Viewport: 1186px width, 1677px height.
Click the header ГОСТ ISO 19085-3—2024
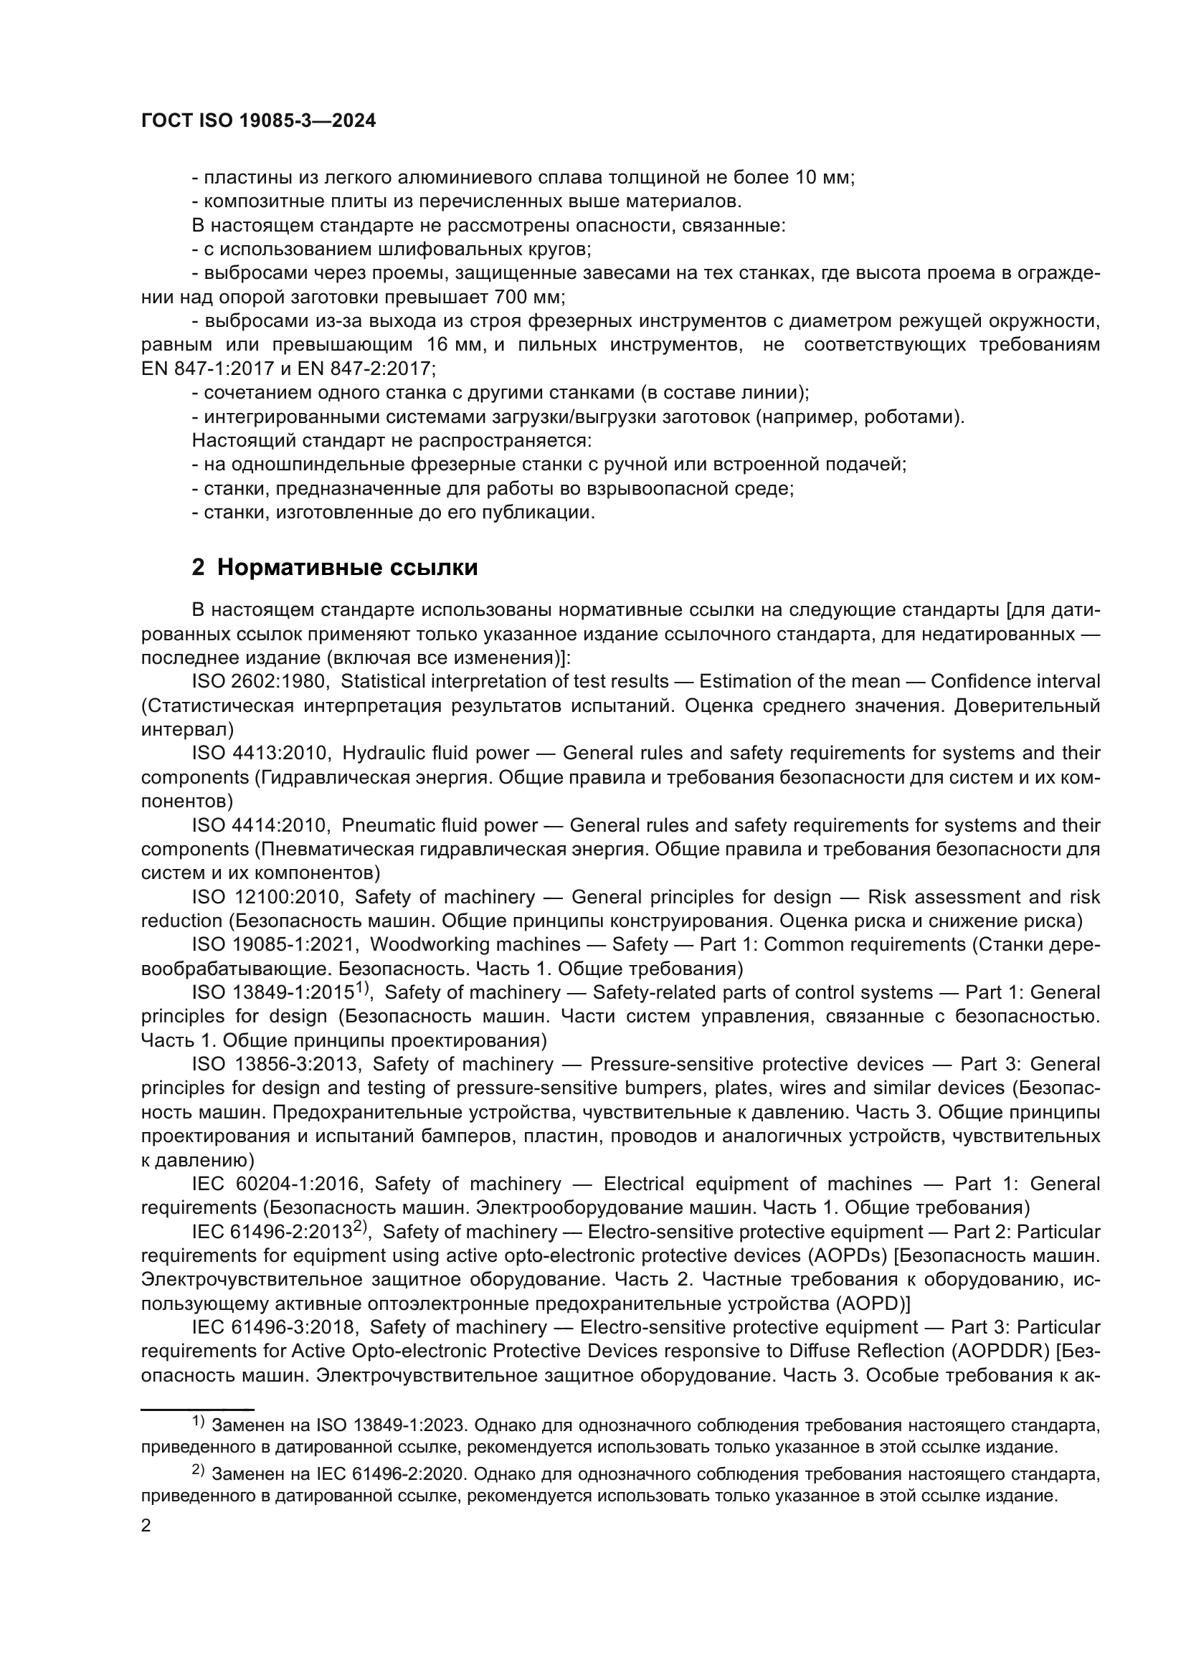point(259,121)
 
